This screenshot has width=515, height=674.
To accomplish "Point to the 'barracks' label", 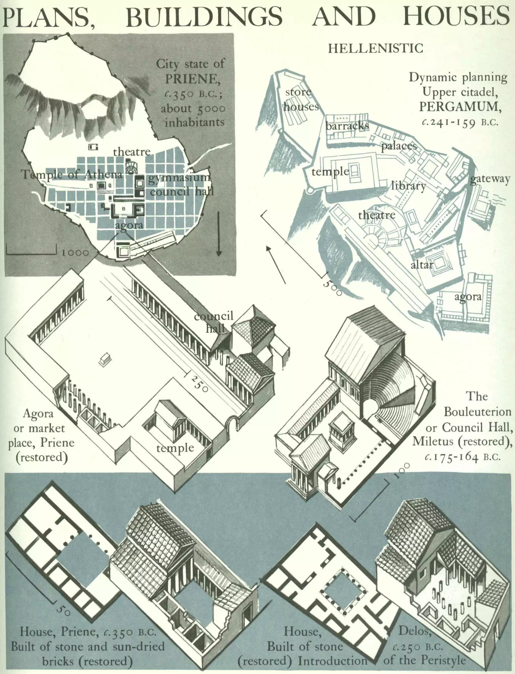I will pos(347,126).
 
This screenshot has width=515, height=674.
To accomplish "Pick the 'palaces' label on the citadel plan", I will pos(399,146).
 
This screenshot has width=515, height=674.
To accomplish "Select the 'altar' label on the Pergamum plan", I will pos(421,265).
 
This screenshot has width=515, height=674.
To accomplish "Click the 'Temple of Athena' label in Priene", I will pos(72,174).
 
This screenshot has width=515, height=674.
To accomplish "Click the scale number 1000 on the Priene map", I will pos(75,253).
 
